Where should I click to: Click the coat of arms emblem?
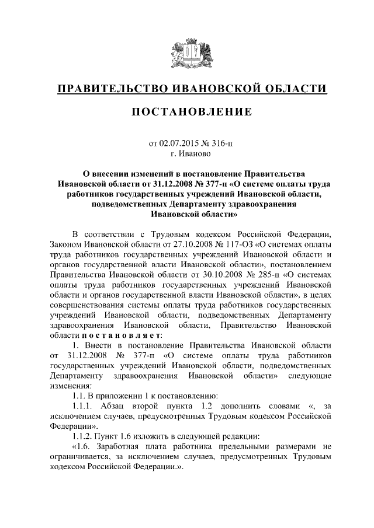(186, 51)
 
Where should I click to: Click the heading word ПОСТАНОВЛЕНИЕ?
(186, 111)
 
